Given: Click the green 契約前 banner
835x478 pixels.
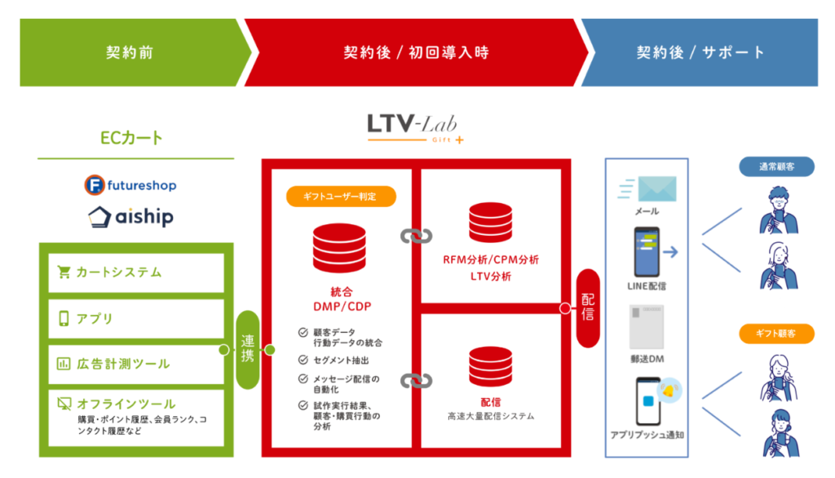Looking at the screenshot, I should (x=130, y=53).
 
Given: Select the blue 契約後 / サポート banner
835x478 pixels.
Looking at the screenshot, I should (x=701, y=53).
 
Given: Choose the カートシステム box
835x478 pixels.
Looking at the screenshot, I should (x=135, y=272).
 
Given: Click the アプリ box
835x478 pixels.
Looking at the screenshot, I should (x=135, y=318).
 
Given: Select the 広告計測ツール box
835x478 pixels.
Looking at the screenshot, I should (x=135, y=363).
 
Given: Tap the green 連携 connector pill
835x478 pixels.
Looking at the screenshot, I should (x=247, y=349).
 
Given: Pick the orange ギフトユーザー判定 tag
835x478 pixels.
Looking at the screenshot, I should (x=341, y=196).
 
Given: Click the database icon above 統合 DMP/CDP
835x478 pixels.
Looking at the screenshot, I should (x=340, y=248).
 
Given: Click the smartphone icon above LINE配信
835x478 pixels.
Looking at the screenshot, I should (x=647, y=252).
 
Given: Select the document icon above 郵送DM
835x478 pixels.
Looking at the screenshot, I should (x=647, y=325).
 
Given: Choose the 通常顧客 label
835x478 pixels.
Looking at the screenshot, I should (x=778, y=166).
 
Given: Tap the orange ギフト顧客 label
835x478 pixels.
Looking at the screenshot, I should (x=778, y=333).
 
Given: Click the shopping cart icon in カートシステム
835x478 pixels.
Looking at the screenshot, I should (x=64, y=272).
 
